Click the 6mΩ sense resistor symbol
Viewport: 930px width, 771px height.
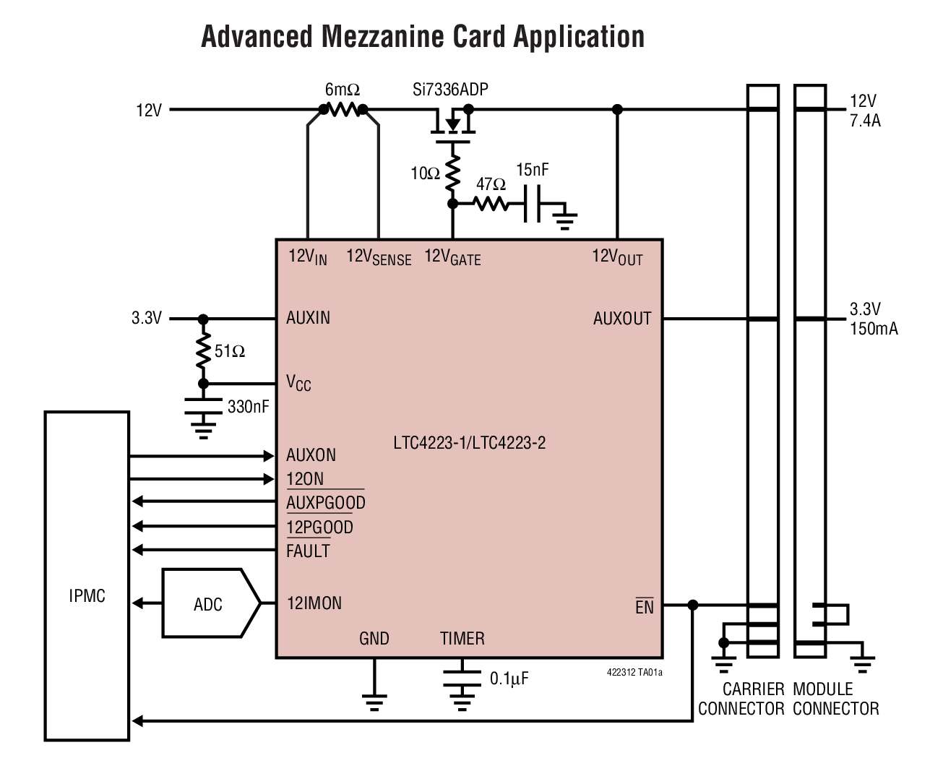point(343,110)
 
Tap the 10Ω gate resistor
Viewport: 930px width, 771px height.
point(453,173)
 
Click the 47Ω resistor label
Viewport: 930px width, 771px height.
point(491,185)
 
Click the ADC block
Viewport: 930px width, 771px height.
point(210,603)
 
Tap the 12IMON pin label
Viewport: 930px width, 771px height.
point(314,603)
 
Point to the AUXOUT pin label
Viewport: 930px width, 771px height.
point(621,319)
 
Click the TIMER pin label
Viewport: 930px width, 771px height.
point(462,639)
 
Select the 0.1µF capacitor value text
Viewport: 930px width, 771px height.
point(509,679)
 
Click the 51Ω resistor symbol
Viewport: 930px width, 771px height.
point(203,351)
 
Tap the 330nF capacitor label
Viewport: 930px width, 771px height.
point(248,407)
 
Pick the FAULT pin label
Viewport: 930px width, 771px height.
point(308,551)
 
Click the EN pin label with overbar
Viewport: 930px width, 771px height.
point(644,607)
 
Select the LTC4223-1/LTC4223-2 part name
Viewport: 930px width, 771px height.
point(470,442)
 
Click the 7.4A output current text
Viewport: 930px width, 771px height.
point(865,121)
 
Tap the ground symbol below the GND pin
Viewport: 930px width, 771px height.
point(374,702)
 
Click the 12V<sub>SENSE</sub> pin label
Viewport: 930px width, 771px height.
point(379,257)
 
